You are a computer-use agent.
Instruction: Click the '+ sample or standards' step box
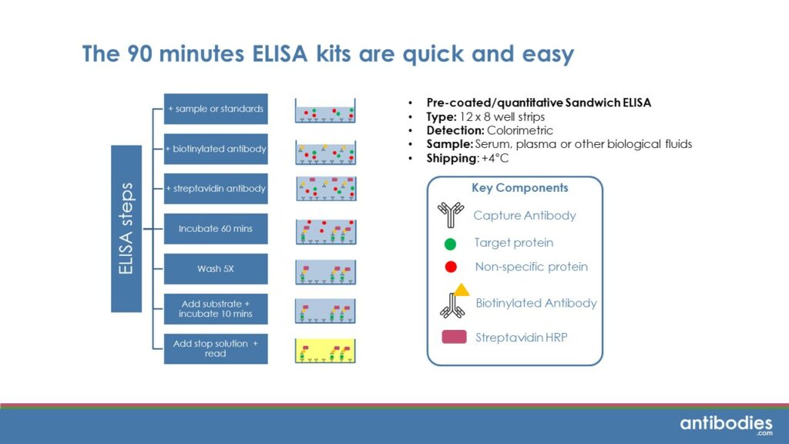point(216,109)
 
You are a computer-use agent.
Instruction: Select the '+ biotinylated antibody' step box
point(216,149)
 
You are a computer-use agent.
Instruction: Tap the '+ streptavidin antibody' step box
point(216,189)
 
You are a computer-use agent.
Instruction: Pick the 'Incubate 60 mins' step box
point(216,229)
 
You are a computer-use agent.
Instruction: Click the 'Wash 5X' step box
point(216,269)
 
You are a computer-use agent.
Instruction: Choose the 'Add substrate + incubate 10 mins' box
point(216,309)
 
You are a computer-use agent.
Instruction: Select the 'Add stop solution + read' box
point(216,348)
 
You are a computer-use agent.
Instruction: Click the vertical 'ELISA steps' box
point(126,229)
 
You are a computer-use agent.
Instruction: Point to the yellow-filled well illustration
point(324,351)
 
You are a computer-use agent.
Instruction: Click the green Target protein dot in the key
point(451,244)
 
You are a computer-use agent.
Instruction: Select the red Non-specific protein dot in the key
point(451,267)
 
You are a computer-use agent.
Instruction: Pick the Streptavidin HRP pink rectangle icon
point(454,337)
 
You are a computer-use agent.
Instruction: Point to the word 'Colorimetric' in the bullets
point(523,130)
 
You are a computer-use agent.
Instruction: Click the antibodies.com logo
point(726,424)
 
